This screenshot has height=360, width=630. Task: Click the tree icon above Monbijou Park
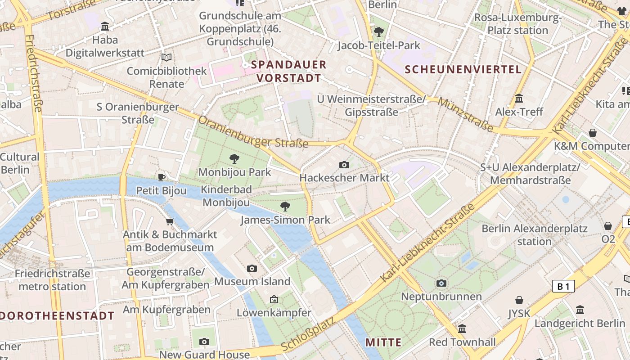point(234,158)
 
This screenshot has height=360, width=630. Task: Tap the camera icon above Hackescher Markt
point(344,165)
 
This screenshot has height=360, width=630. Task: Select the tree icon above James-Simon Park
point(285,207)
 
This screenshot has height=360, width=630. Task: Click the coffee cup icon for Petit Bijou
point(162,177)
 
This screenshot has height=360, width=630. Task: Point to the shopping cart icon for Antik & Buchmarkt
point(170,221)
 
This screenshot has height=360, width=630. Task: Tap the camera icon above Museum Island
point(252,268)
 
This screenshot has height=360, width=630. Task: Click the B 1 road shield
point(563,286)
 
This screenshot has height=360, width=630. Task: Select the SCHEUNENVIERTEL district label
point(463,69)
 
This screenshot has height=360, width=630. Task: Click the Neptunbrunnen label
point(441,297)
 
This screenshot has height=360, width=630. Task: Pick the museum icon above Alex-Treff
point(519,98)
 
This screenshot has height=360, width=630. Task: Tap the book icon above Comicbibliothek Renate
point(166,57)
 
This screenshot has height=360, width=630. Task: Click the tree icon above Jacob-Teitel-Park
point(378,31)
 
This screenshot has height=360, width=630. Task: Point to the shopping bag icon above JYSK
point(519,300)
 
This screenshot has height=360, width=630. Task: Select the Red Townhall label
point(462,342)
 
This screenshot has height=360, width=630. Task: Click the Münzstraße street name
point(465,115)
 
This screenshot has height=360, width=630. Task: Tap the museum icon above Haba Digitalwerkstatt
point(105,27)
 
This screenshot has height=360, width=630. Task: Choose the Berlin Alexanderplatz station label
point(534,235)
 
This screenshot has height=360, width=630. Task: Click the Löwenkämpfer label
point(274,313)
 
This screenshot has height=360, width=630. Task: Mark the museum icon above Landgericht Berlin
point(580,310)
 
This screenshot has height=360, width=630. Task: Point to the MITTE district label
point(383,342)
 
